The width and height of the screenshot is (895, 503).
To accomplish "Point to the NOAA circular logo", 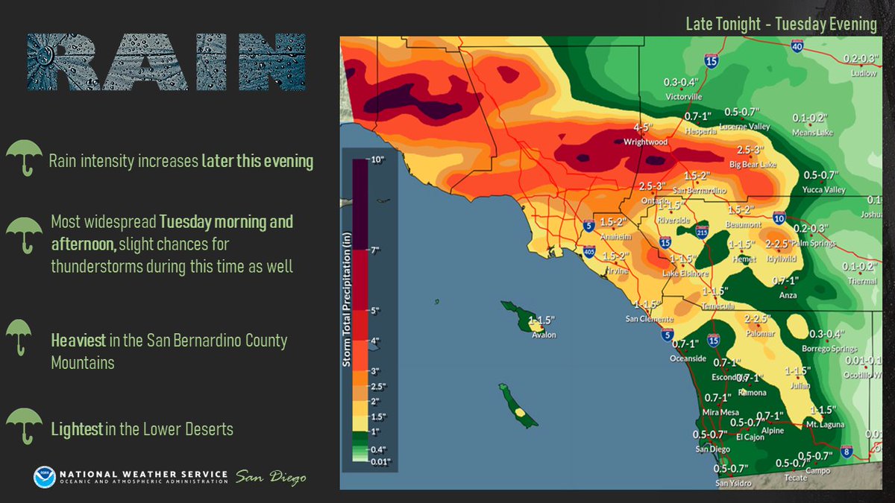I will (x=44, y=477).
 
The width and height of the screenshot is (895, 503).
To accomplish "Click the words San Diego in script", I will (x=271, y=477).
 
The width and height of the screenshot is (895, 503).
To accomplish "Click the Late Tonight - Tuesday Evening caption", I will (x=781, y=25).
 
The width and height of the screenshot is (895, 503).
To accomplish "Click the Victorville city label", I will (x=684, y=97).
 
